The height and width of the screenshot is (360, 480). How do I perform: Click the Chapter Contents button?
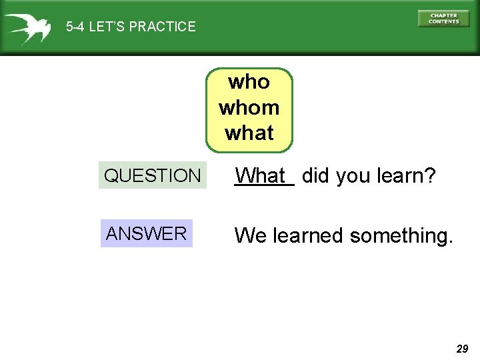(443, 19)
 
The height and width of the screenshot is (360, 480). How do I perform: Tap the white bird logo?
(27, 27)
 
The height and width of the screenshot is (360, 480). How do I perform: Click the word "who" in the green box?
(249, 82)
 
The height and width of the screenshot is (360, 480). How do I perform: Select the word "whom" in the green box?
(249, 107)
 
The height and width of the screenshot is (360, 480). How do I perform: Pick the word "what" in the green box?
(249, 133)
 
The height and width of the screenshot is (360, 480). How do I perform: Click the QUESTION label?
(152, 176)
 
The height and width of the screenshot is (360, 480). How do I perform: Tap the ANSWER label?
(147, 233)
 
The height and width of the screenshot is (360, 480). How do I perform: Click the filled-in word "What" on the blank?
(263, 176)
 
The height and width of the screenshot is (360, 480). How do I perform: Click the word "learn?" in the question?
(407, 176)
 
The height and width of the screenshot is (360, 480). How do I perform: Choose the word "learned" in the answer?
(308, 235)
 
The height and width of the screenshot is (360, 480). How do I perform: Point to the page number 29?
(462, 349)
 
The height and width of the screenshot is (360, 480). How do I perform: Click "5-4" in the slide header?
(75, 27)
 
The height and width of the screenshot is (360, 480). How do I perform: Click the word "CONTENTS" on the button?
(443, 22)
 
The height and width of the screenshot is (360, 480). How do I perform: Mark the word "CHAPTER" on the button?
(443, 15)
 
